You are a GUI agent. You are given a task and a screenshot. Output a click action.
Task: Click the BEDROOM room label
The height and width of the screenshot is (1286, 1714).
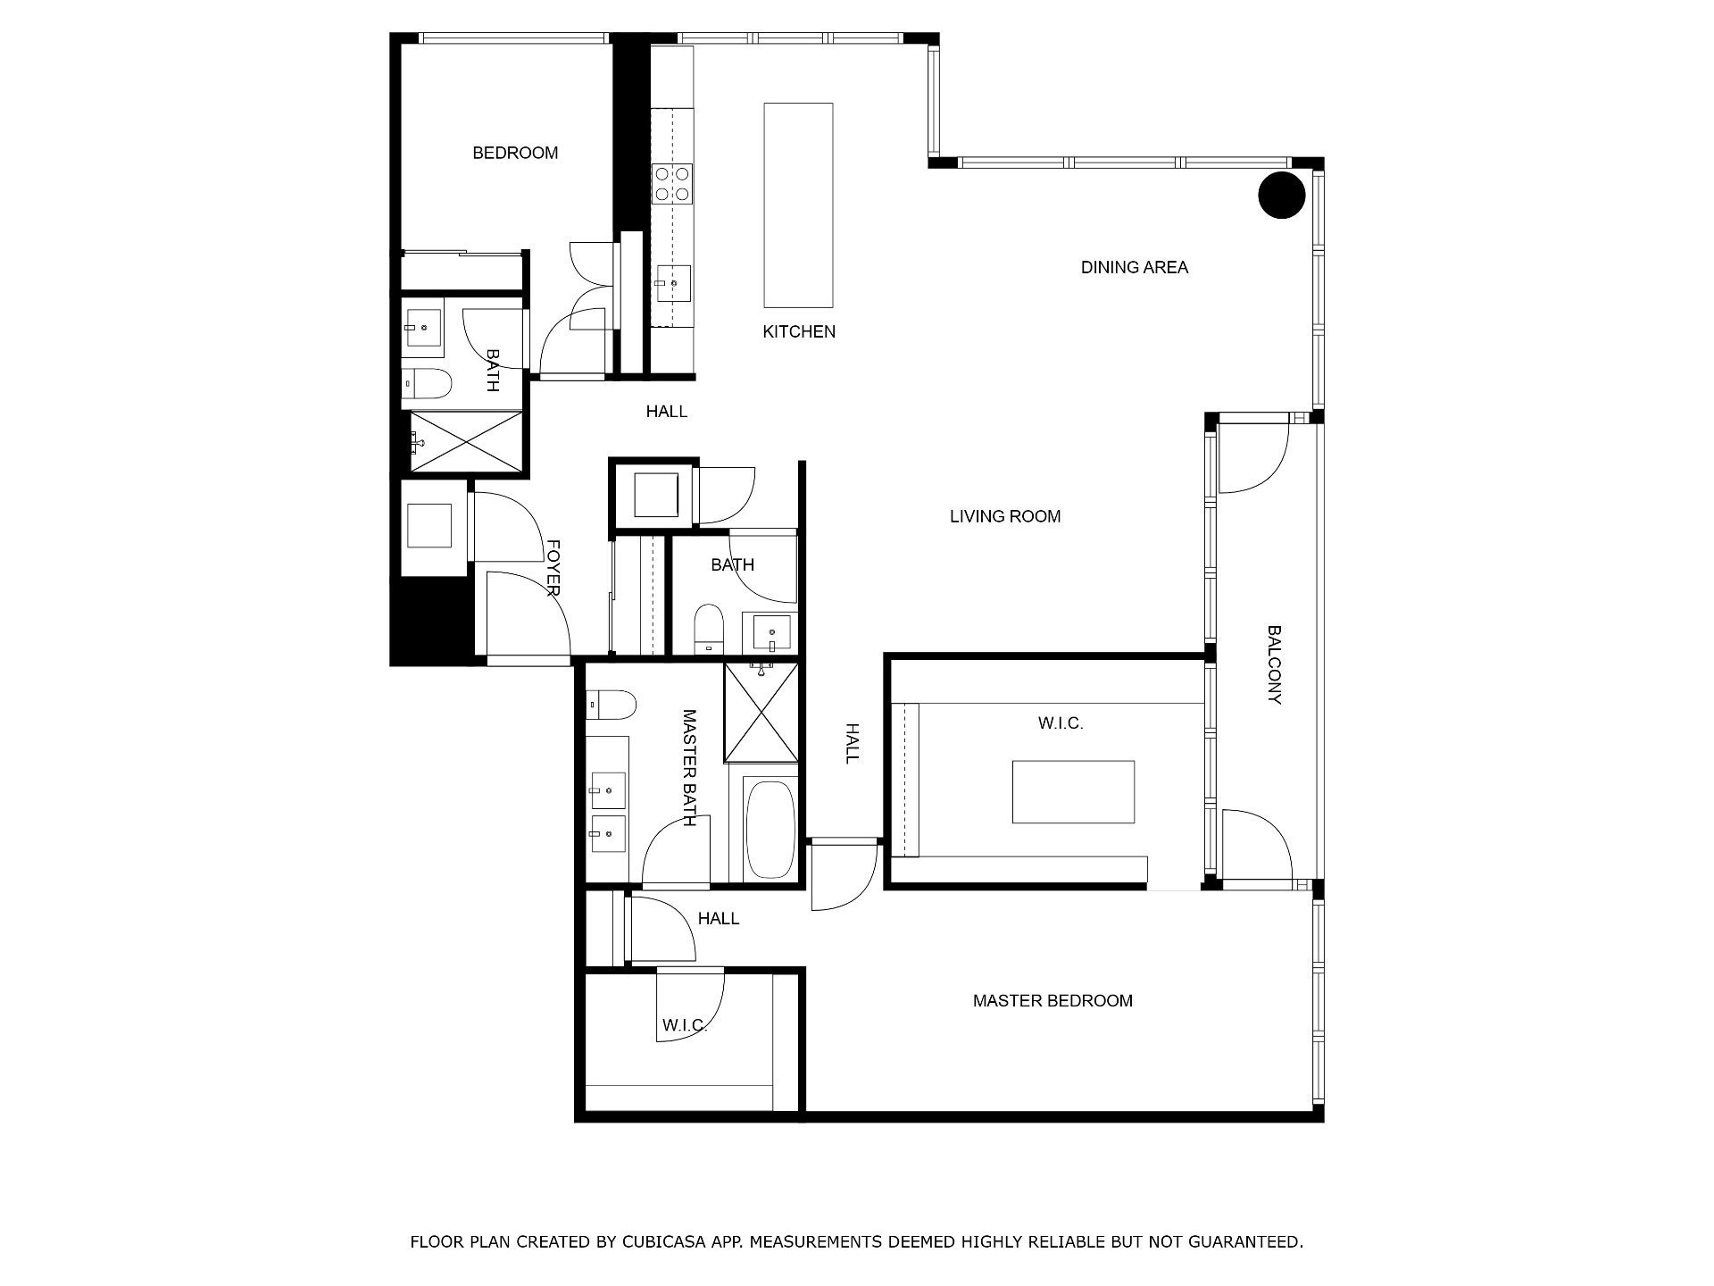(x=515, y=153)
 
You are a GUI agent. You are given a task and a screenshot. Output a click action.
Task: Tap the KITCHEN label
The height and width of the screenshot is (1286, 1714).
(x=799, y=331)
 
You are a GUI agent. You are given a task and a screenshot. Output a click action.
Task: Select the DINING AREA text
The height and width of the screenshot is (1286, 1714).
(x=1135, y=267)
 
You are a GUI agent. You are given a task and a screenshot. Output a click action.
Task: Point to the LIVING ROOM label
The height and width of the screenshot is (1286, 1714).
(x=1005, y=516)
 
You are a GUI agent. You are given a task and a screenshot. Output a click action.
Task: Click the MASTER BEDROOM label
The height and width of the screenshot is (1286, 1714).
(x=1053, y=1001)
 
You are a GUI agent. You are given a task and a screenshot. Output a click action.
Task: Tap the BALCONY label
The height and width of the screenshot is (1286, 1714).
(x=1275, y=664)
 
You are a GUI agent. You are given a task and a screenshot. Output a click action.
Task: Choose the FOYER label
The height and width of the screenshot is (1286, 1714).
(x=553, y=567)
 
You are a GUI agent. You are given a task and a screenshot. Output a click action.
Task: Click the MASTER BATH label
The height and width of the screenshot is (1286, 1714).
(x=689, y=768)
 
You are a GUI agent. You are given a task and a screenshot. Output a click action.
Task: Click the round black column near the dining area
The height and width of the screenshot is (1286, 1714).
(x=1282, y=195)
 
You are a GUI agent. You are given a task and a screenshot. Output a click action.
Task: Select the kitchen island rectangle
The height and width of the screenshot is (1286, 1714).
(x=798, y=205)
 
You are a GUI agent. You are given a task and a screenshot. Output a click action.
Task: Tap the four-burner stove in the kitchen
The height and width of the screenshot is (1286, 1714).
(x=672, y=184)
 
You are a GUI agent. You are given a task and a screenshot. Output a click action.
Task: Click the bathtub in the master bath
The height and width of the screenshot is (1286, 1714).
(x=770, y=830)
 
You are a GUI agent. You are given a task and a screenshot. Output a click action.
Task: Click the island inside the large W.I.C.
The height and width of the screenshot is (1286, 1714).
(x=1073, y=792)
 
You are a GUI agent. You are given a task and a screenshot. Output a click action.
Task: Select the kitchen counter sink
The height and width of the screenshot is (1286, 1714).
(x=672, y=284)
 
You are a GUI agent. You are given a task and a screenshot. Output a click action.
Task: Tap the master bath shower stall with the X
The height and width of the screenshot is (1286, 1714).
(x=761, y=712)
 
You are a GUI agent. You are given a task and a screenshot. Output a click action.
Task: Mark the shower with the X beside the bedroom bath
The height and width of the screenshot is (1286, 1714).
(x=465, y=440)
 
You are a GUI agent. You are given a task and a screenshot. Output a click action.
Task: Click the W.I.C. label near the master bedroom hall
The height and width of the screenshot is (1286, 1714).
(x=686, y=1026)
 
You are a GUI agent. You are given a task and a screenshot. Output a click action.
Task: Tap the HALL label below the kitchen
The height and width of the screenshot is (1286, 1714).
(x=667, y=412)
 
